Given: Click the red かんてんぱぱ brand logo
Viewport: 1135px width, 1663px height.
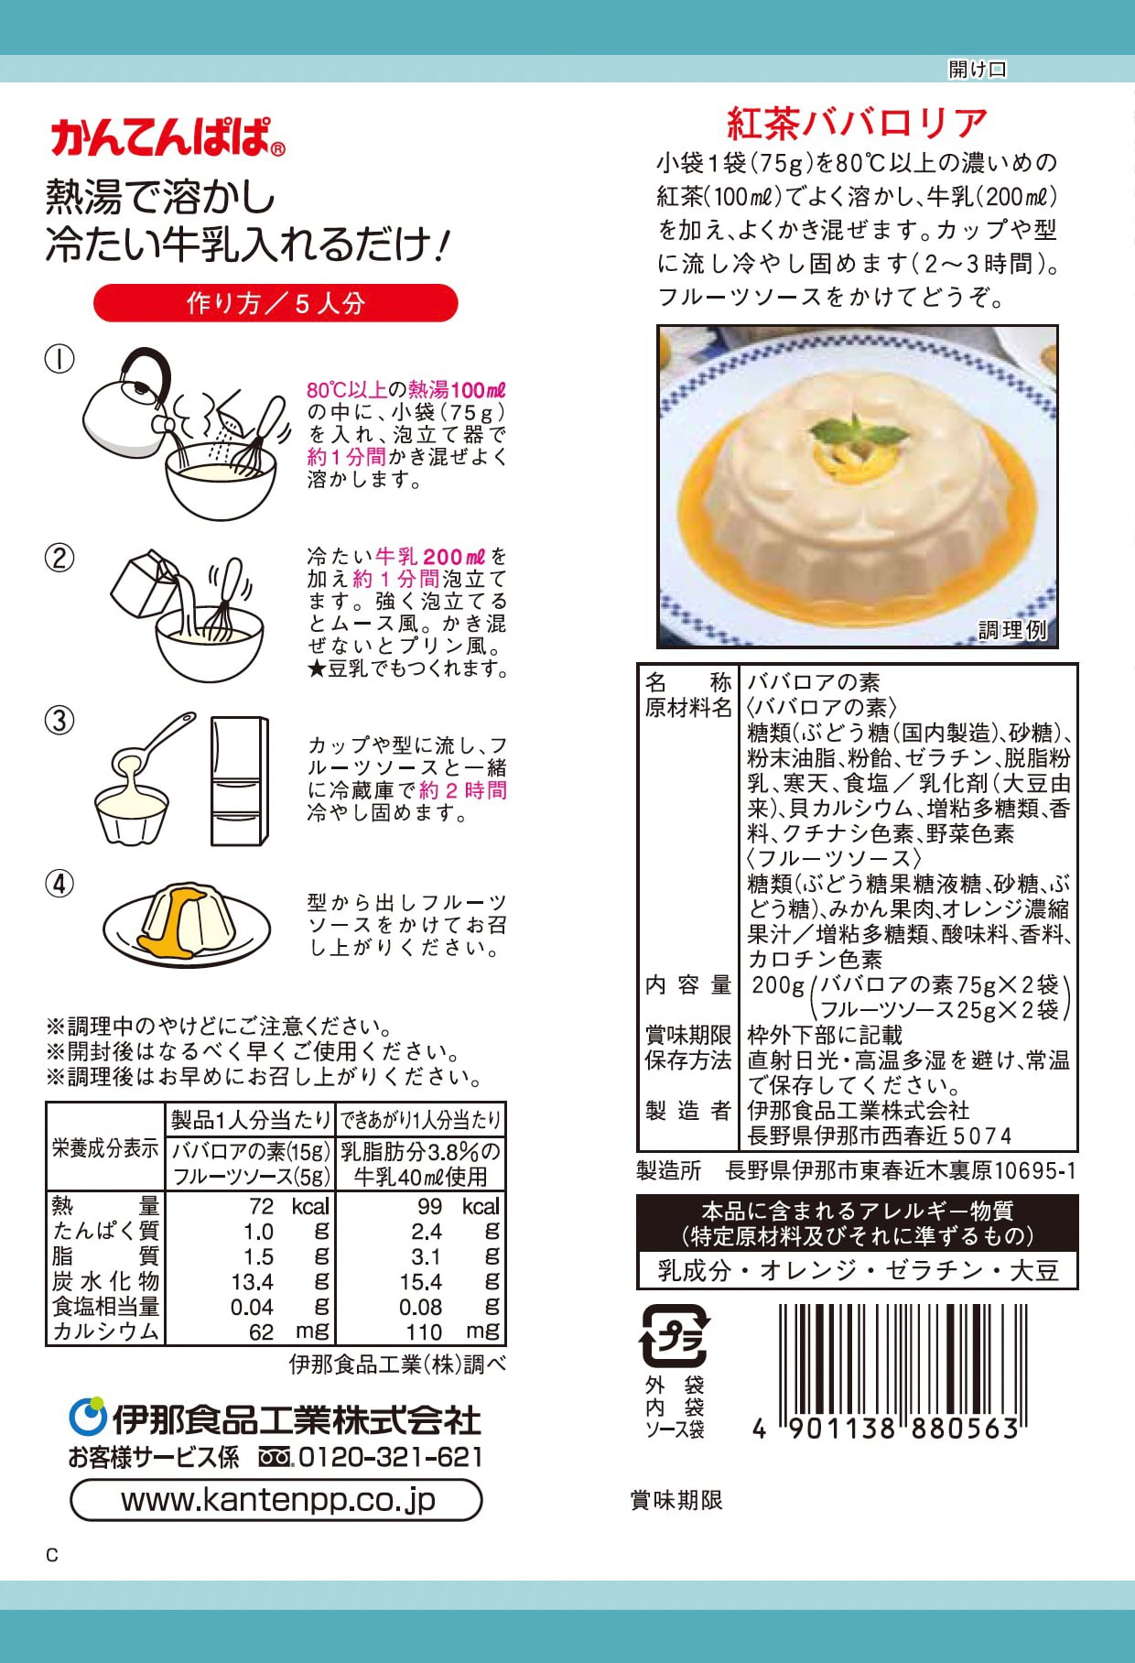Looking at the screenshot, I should pyautogui.click(x=167, y=137).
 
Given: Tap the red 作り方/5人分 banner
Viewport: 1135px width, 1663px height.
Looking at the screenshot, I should pyautogui.click(x=276, y=303).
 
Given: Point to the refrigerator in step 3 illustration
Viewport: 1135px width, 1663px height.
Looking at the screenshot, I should pyautogui.click(x=239, y=780).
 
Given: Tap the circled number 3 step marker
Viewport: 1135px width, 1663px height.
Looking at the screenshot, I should pyautogui.click(x=59, y=721).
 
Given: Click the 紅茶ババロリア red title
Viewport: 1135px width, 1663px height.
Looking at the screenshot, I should pyautogui.click(x=857, y=123).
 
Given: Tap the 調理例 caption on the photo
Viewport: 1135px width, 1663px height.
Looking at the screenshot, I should pyautogui.click(x=1012, y=629).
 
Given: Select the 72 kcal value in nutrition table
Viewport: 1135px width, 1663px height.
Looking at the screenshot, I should pyautogui.click(x=284, y=1206).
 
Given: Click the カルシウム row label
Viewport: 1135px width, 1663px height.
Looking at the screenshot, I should pyautogui.click(x=106, y=1331).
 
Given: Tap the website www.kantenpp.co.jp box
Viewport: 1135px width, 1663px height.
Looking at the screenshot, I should pyautogui.click(x=276, y=1499).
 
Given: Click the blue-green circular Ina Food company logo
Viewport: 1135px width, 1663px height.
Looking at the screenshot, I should pyautogui.click(x=88, y=1418).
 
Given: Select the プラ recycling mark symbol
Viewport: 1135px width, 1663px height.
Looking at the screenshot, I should pyautogui.click(x=676, y=1336).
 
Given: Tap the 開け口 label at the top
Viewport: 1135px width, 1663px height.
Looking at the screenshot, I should pyautogui.click(x=977, y=69).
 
